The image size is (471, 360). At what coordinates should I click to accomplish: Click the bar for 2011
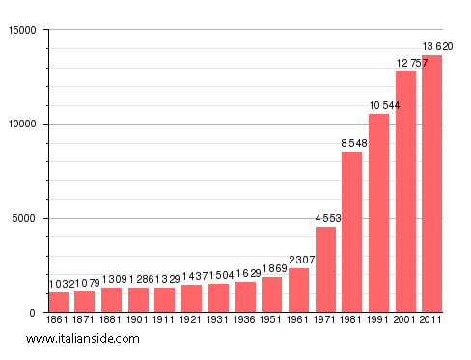pos(432,183)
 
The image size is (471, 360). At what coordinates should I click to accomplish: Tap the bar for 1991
pos(378,212)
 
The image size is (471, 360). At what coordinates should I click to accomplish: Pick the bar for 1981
pos(351,232)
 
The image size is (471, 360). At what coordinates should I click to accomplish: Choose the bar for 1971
pos(325,269)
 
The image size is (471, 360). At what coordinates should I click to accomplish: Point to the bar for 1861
pos(59,302)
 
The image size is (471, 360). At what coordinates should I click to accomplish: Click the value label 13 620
pos(437,46)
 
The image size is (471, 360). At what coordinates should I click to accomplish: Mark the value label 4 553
pos(328,218)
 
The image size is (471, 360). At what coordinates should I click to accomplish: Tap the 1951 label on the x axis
pos(272,319)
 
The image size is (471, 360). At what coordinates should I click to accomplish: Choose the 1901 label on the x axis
pos(139,319)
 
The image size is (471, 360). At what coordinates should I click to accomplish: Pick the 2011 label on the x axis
pos(431,319)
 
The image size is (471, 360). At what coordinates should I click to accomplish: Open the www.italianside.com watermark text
pos(83,339)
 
